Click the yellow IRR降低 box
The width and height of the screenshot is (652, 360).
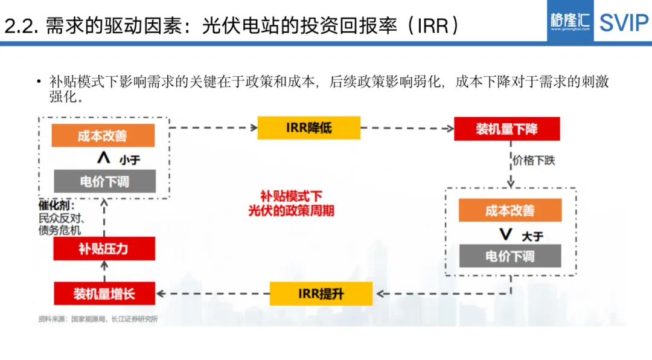(x=308, y=128)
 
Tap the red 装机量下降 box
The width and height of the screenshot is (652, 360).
(x=507, y=129)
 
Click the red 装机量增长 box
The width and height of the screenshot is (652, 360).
(x=104, y=294)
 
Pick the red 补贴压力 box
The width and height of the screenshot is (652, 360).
(x=104, y=248)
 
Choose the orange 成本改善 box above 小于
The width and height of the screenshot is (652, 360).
(x=103, y=135)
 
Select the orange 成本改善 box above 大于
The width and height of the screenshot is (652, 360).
(x=510, y=210)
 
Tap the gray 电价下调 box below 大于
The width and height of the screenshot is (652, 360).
(x=510, y=256)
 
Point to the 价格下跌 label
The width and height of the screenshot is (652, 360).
(x=534, y=160)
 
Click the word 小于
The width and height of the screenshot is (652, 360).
(x=130, y=159)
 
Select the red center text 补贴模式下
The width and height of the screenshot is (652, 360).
(x=291, y=196)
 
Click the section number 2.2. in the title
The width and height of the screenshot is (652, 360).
(x=22, y=25)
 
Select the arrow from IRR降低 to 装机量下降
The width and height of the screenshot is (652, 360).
(x=407, y=128)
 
